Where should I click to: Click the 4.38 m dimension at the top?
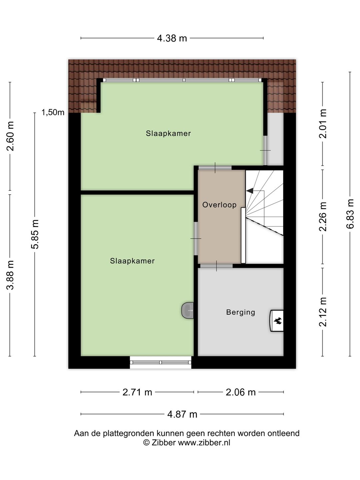click(172, 38)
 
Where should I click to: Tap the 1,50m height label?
click(53, 112)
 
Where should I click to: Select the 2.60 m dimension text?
click(10, 136)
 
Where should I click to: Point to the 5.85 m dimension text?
click(35, 234)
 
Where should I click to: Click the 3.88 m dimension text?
click(10, 275)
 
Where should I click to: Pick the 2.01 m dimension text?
click(323, 124)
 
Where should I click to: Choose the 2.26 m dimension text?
click(323, 216)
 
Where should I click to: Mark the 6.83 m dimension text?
click(350, 214)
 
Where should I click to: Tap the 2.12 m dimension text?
click(323, 312)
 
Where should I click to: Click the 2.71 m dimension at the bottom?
click(137, 392)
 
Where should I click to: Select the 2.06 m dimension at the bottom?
click(240, 392)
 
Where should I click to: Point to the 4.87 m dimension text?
click(182, 414)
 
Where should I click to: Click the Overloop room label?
click(219, 205)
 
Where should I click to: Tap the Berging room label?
click(240, 312)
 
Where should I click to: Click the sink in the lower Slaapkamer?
click(188, 311)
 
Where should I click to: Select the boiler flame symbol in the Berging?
click(277, 321)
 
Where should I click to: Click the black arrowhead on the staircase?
click(249, 191)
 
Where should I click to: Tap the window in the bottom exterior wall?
click(160, 362)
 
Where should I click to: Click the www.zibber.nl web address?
click(204, 443)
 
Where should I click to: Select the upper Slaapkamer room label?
click(168, 134)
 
